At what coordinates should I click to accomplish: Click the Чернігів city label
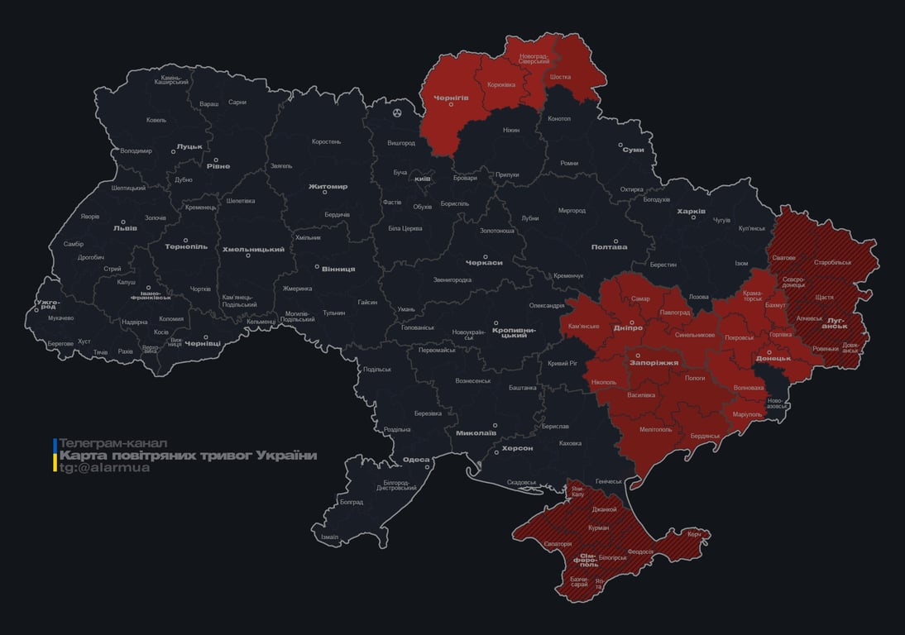pyautogui.click(x=451, y=97)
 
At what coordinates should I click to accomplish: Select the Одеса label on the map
pyautogui.click(x=416, y=460)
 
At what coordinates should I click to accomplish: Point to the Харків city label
pyautogui.click(x=691, y=212)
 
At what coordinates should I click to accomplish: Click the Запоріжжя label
pyautogui.click(x=654, y=362)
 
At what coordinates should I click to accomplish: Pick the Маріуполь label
pyautogui.click(x=748, y=413)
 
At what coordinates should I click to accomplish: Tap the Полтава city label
pyautogui.click(x=609, y=246)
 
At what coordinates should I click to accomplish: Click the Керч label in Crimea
pyautogui.click(x=693, y=534)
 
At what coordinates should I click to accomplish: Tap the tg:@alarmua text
pyautogui.click(x=104, y=468)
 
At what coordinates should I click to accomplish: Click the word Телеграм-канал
pyautogui.click(x=113, y=443)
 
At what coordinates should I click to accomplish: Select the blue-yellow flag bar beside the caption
pyautogui.click(x=55, y=456)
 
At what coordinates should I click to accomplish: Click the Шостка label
pyautogui.click(x=560, y=77)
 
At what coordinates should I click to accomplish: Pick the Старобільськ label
pyautogui.click(x=832, y=262)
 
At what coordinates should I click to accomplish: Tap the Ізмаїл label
pyautogui.click(x=329, y=537)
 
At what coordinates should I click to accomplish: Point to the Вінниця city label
pyautogui.click(x=338, y=269)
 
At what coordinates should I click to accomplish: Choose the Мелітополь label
pyautogui.click(x=656, y=429)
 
